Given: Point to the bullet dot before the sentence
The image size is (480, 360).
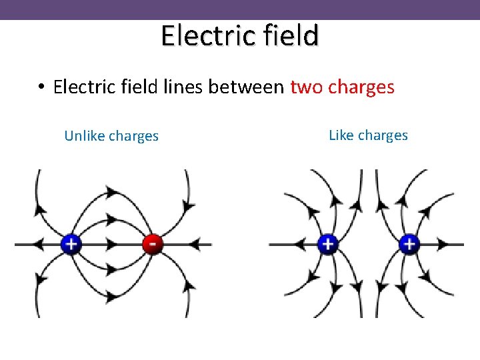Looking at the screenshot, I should tap(41, 88).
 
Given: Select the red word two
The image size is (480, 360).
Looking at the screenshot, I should tap(306, 87).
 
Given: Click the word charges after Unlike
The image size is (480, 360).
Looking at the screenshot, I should tap(133, 136).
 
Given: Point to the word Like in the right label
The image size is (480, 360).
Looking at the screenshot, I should tap(341, 135).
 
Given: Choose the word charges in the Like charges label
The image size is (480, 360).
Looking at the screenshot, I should tap(383, 135).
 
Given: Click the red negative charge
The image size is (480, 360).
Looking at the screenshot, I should tap(153, 244).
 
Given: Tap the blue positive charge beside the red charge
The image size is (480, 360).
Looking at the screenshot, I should tap(71, 244).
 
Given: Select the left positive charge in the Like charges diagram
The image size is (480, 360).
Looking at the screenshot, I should tap(327, 244).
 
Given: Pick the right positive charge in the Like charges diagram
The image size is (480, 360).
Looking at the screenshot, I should tap(409, 244).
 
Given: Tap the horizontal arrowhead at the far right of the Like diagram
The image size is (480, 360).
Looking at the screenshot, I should tap(442, 244).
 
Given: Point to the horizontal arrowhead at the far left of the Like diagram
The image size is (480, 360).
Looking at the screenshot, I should tap(294, 244).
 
